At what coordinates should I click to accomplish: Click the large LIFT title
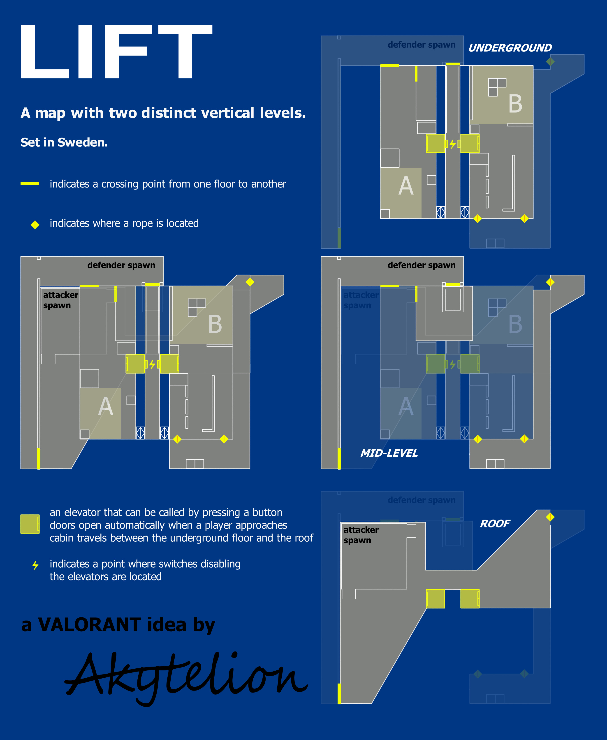point(115,52)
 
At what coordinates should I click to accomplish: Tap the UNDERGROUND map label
point(510,48)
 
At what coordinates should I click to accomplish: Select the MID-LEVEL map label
point(389,453)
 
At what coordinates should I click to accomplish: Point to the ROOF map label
point(495,524)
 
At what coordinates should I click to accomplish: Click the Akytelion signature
point(185,677)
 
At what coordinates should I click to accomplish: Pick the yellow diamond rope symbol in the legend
point(35,224)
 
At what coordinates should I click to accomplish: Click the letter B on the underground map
point(515,104)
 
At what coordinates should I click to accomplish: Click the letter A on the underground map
point(405,186)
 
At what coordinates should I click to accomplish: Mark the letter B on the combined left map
point(215,324)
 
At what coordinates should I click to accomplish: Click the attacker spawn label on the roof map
point(361,535)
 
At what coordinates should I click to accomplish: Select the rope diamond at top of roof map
point(550,517)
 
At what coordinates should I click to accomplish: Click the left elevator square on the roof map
point(435,599)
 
